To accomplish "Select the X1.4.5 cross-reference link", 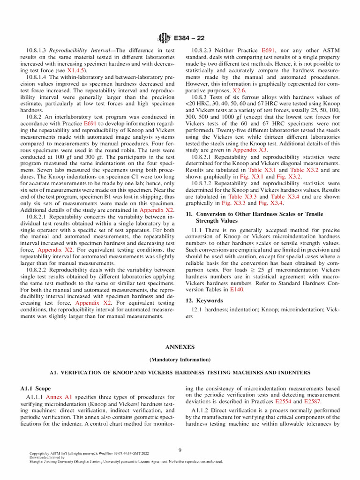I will point(77,70).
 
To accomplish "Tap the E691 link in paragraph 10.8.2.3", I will point(269,50).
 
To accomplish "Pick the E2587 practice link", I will point(314,402).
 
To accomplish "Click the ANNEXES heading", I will point(180,347).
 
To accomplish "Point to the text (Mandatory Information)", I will point(180,360).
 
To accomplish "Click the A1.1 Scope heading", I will point(35,389).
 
